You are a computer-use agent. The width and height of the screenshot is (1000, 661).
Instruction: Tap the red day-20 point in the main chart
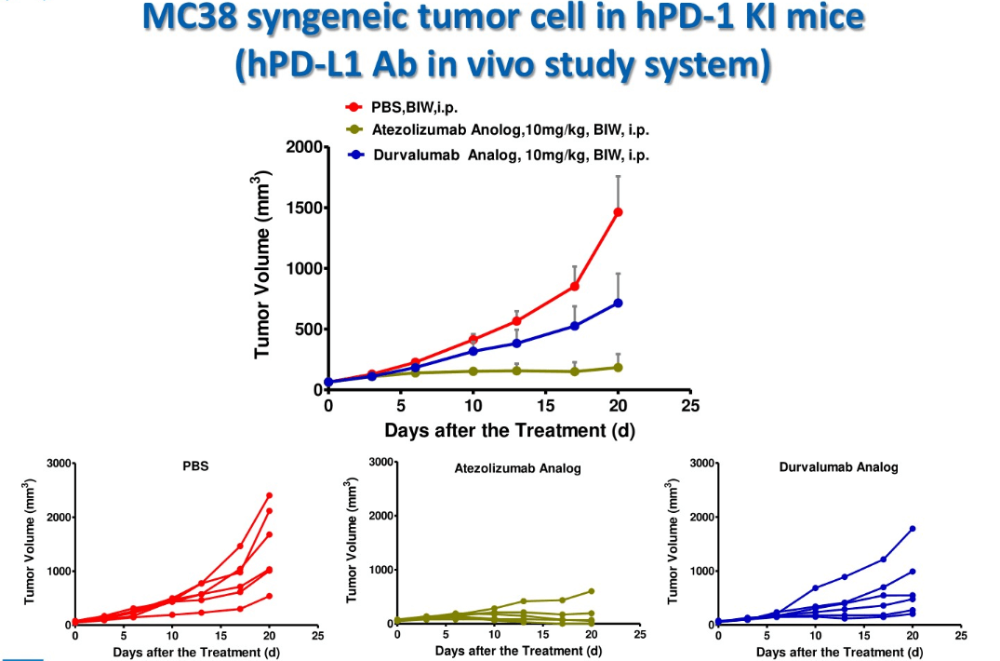618,212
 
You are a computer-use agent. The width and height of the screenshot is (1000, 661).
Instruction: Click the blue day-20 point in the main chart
618,303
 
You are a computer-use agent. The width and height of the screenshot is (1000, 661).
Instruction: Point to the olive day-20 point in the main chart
618,367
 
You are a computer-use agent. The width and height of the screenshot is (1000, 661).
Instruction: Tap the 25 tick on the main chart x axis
690,406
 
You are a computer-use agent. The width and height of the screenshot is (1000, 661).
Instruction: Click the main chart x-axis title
510,430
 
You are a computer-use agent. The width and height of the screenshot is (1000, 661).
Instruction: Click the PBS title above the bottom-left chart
195,467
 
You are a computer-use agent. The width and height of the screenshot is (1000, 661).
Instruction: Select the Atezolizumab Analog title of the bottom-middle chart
517,468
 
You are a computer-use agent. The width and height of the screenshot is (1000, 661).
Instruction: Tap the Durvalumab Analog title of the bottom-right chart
838,467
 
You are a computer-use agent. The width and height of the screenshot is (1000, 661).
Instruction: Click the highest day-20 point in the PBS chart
269,495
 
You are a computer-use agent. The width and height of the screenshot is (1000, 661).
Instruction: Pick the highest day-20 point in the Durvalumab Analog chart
912,529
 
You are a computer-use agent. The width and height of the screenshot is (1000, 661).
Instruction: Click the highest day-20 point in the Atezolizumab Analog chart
591,591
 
